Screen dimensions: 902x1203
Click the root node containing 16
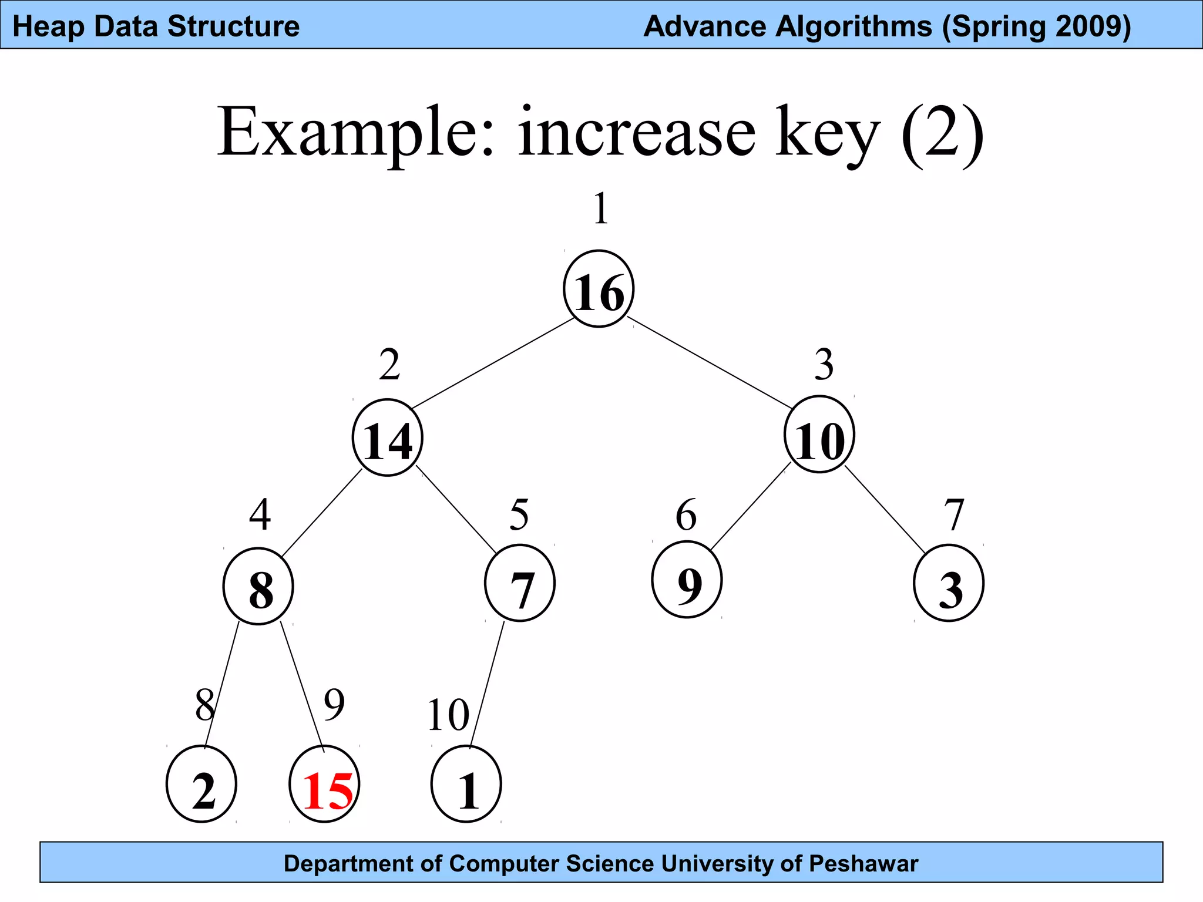(599, 289)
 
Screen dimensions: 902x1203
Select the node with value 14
(388, 437)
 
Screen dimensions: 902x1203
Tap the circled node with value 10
(819, 435)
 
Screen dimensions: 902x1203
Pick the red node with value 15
(325, 785)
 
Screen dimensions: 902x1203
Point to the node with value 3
(949, 583)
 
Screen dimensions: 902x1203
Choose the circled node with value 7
(520, 583)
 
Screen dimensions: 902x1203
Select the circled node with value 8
(258, 586)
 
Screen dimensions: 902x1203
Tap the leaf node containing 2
(201, 785)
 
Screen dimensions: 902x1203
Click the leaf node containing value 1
(466, 785)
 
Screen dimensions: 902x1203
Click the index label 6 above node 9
(686, 515)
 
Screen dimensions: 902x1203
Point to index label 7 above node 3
(954, 515)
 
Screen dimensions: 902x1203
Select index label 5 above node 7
(519, 515)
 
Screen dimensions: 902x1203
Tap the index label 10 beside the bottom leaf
(448, 715)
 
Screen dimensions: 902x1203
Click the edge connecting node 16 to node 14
(493, 363)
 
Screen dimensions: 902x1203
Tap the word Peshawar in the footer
(863, 864)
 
